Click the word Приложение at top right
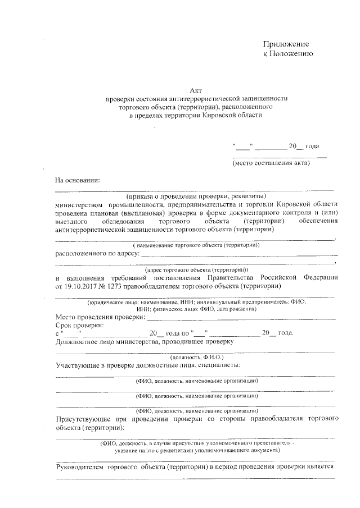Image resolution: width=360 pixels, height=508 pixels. (x=286, y=44)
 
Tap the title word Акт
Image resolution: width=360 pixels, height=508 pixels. (x=196, y=90)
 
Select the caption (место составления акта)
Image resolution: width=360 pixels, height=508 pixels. (x=272, y=163)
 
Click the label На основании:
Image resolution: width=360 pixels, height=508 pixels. (x=76, y=180)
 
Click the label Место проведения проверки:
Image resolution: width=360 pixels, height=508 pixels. (x=100, y=317)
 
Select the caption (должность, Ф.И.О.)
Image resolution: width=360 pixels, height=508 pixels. (x=197, y=356)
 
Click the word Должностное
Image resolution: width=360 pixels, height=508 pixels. (x=79, y=341)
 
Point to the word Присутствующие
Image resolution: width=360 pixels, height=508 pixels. (x=83, y=419)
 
